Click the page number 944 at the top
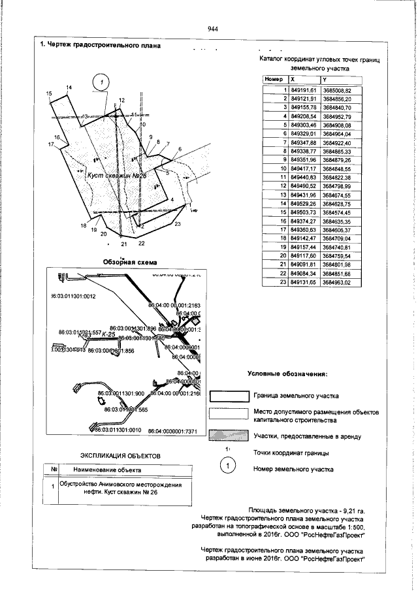212,29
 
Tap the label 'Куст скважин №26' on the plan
116,176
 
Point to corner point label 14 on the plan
69,88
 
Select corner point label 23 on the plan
178,224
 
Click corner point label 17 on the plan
50,143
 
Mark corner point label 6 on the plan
180,150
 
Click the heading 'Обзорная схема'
130,263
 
